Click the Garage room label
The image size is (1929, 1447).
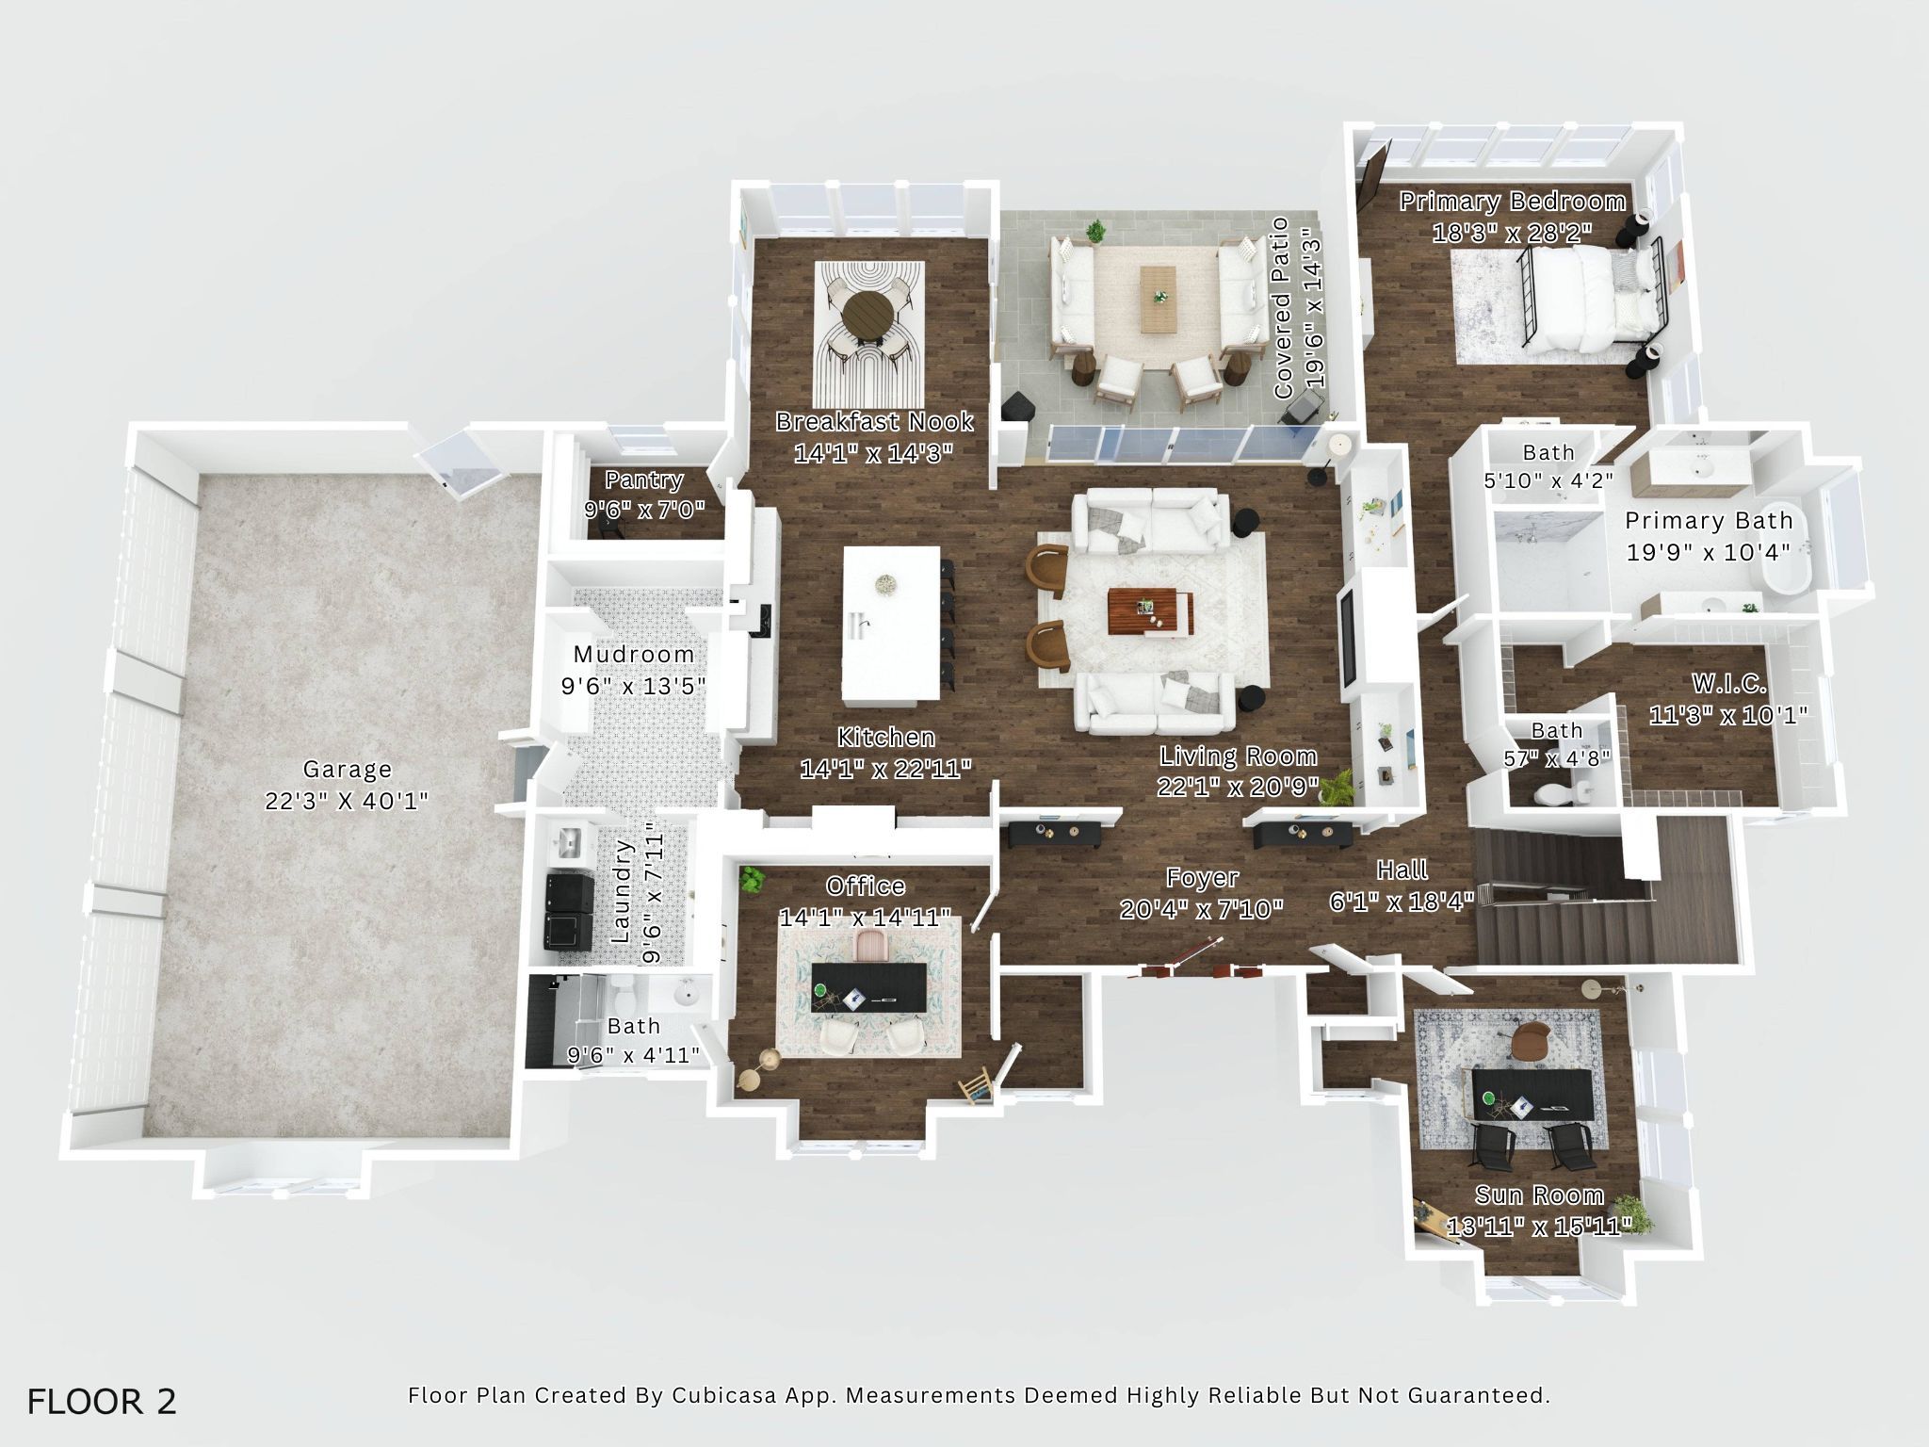(x=347, y=769)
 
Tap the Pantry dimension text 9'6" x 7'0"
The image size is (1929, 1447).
(x=644, y=510)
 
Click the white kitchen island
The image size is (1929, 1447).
(x=891, y=625)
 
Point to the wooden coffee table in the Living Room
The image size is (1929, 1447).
(x=1151, y=611)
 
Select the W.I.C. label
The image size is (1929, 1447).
(x=1728, y=683)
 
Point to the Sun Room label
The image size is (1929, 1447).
(x=1539, y=1195)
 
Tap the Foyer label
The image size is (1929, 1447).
(x=1202, y=878)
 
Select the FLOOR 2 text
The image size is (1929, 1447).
(x=102, y=1401)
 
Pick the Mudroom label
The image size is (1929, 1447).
(x=634, y=654)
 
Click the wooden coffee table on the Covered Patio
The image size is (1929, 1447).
(x=1159, y=298)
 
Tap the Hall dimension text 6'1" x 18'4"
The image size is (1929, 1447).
(x=1402, y=902)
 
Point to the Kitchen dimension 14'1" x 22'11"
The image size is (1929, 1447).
(x=885, y=769)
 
